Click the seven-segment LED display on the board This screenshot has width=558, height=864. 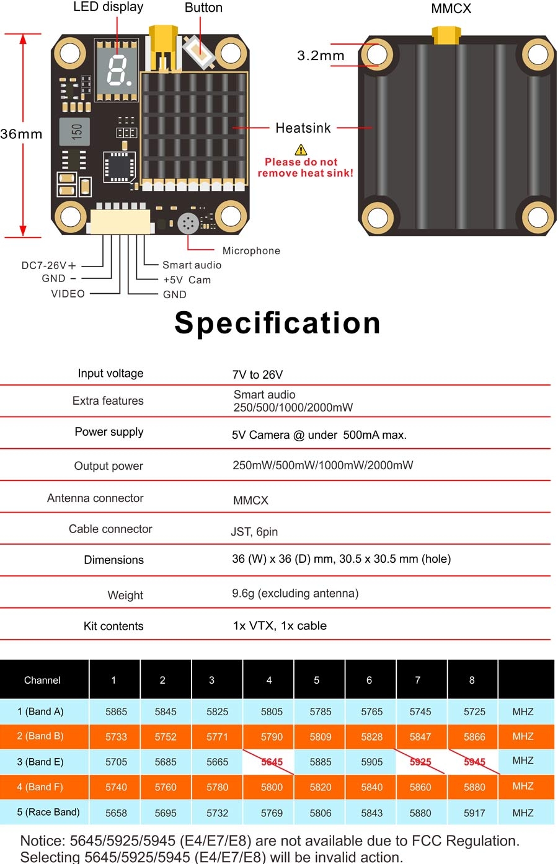point(116,69)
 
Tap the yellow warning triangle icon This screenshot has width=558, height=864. point(301,149)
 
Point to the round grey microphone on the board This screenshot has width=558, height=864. point(188,224)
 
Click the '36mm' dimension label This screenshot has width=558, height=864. point(21,134)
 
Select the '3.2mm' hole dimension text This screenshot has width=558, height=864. point(321,56)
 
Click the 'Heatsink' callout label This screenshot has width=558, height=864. point(303,128)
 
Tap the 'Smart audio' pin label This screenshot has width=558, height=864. point(192,265)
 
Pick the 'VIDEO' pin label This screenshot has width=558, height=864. point(68,294)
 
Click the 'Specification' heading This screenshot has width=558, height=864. point(277,323)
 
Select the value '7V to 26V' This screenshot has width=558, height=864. point(257,374)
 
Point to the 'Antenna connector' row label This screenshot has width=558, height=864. point(95,498)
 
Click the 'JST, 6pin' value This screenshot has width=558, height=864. point(254,532)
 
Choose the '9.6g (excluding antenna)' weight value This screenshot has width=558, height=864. point(295,593)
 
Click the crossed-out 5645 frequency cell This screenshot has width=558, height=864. point(272,762)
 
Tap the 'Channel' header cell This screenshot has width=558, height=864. point(42,680)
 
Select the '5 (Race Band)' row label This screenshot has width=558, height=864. point(48,812)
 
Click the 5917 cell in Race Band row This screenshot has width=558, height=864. point(474,813)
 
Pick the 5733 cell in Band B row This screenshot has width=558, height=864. point(116,737)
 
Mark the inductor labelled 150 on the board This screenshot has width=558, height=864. point(75,131)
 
